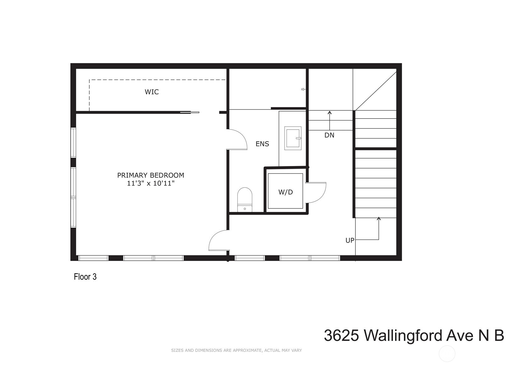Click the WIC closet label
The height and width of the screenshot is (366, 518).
[x=152, y=92]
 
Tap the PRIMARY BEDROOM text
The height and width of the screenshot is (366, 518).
[x=151, y=175]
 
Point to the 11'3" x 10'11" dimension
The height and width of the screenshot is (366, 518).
[x=151, y=183]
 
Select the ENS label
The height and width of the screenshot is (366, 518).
[x=262, y=144]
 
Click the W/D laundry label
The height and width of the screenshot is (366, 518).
[x=286, y=192]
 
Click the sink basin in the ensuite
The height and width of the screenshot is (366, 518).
[x=293, y=138]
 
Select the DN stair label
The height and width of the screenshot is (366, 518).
[x=329, y=135]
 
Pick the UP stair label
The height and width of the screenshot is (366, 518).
[x=350, y=240]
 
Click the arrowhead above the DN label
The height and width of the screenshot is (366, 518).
[x=330, y=112]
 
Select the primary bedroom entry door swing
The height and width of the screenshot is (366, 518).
[x=218, y=241]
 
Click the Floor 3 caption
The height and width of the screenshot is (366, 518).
[x=85, y=277]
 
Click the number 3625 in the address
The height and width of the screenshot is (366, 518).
[x=342, y=335]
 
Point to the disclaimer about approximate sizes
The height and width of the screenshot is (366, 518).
[x=236, y=350]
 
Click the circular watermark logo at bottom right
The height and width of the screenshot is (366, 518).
[x=447, y=354]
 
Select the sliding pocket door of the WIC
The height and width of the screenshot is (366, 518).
[x=190, y=112]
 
